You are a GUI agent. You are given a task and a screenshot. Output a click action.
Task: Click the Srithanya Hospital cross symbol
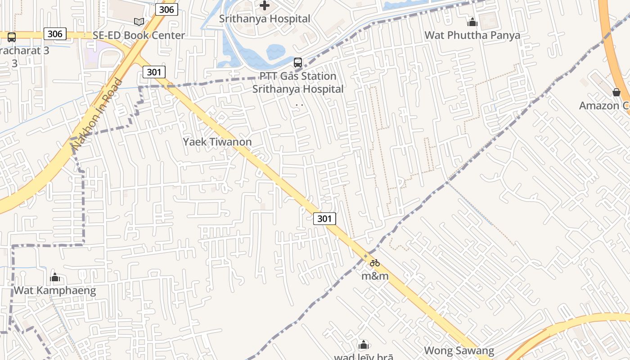pos(265,5)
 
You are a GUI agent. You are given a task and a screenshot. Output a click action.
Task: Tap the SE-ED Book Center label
pos(139,35)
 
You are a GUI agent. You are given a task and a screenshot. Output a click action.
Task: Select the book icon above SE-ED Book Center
pos(139,22)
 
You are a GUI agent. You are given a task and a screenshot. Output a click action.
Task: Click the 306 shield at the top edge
pos(167,9)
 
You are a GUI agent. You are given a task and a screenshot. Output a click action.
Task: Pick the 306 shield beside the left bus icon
pos(55,34)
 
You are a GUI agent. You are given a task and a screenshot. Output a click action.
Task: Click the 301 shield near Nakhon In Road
pos(154,72)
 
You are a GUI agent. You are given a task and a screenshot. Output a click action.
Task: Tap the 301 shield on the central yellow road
pos(324,219)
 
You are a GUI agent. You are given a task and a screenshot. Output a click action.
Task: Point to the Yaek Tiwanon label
pos(217,142)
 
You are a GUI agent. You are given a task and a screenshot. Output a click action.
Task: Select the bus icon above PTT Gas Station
pos(298,63)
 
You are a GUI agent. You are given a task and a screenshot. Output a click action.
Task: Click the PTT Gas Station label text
pos(297,76)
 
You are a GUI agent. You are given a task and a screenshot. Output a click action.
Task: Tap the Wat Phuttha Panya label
pos(472,35)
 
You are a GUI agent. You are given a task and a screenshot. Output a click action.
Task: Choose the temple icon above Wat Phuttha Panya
pos(472,22)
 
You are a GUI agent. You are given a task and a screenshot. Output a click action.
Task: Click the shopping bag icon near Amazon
pos(616,92)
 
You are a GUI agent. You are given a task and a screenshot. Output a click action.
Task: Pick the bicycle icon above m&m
pos(375,263)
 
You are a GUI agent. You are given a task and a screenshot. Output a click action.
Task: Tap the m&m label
pos(375,276)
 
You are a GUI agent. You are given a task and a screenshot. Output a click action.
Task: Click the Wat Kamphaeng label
pos(55,290)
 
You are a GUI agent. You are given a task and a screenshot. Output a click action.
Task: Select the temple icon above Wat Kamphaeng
pos(55,277)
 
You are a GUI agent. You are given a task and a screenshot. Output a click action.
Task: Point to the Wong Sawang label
pos(459,351)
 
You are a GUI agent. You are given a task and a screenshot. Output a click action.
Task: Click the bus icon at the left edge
pos(12,37)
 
